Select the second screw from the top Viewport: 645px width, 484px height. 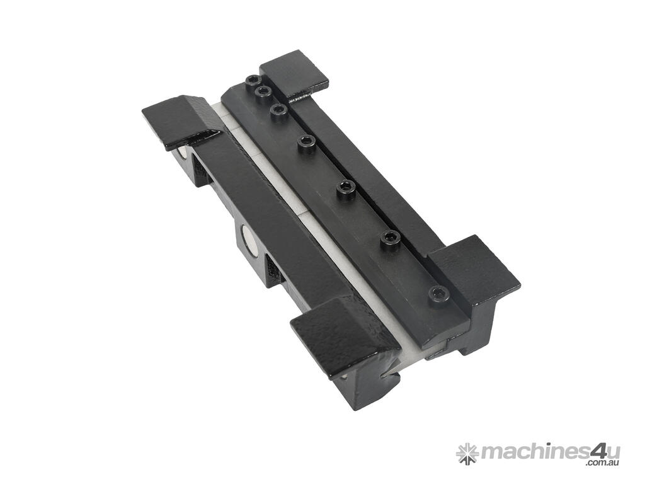tap(261, 91)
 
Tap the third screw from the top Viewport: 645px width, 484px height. tap(279, 110)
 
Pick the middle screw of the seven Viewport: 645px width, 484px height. tap(307, 142)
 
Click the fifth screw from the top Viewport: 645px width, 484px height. tap(346, 189)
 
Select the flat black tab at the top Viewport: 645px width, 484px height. tap(295, 75)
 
